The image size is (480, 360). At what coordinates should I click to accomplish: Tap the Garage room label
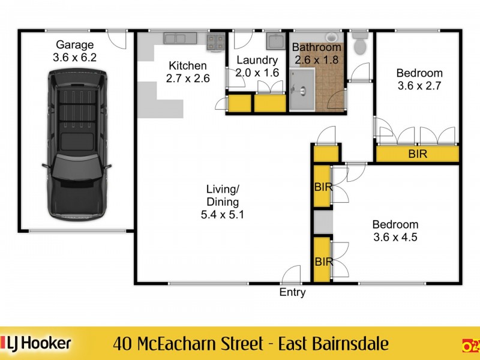[75, 44]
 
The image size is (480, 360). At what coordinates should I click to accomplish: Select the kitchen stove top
[216, 41]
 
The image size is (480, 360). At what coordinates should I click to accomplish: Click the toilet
[360, 45]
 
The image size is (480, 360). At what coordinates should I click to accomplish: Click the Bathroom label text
[317, 47]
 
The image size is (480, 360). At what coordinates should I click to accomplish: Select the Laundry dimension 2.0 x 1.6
[257, 73]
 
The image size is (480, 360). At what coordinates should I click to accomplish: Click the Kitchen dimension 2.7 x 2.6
[188, 78]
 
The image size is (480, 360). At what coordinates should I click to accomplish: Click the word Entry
[293, 293]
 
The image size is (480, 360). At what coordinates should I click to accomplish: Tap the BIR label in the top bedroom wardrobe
[418, 154]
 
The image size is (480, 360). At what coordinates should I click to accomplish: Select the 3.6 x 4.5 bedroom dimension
[395, 237]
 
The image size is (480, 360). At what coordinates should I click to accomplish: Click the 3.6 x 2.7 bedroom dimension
[419, 86]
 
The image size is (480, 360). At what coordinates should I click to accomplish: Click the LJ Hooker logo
[39, 343]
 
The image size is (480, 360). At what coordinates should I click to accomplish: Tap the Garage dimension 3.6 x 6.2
[75, 56]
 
